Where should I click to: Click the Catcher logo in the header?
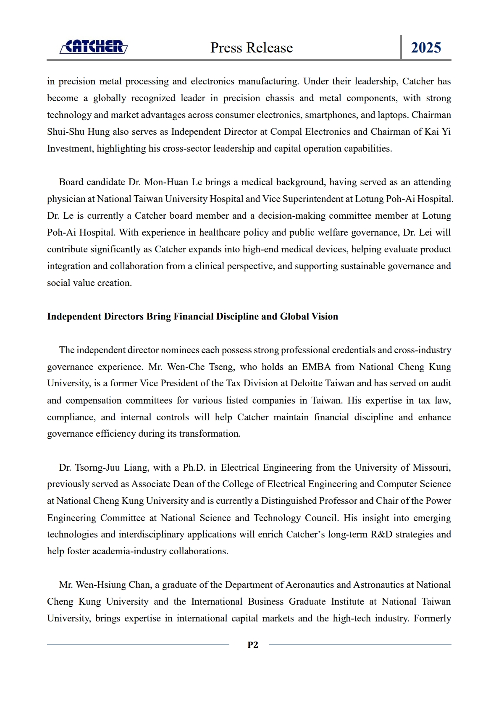pyautogui.click(x=94, y=47)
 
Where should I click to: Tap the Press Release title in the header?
pyautogui.click(x=252, y=48)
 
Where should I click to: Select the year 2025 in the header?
pyautogui.click(x=426, y=48)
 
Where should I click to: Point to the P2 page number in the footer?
pyautogui.click(x=253, y=645)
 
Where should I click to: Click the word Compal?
pyautogui.click(x=286, y=132)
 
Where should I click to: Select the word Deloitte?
pyautogui.click(x=310, y=383)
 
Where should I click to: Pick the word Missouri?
pyautogui.click(x=431, y=468)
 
